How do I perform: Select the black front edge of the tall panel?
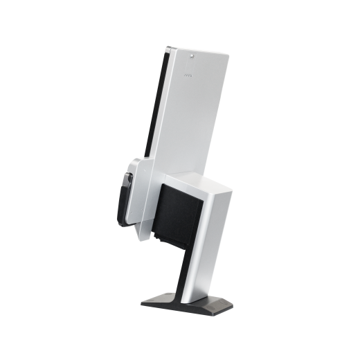(x=159, y=104)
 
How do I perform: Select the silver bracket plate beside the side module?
(x=141, y=201)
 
